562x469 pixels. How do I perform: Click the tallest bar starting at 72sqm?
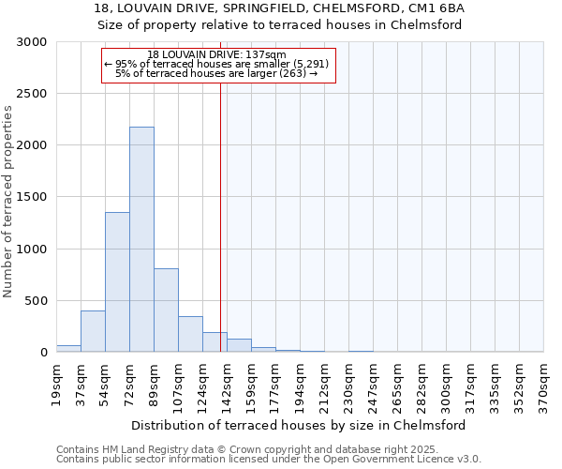click(x=141, y=239)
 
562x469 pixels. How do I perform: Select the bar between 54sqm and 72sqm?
click(x=117, y=281)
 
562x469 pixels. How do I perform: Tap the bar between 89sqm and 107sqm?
click(x=166, y=310)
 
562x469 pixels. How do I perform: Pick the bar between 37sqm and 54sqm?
click(x=93, y=331)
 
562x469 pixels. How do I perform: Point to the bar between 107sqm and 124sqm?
click(x=190, y=334)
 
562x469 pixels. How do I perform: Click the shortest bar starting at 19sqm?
click(x=68, y=348)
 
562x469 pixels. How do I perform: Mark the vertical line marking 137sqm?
click(x=220, y=206)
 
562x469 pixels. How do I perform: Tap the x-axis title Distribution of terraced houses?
click(x=300, y=425)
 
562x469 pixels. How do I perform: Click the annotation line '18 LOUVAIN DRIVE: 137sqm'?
click(x=217, y=55)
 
